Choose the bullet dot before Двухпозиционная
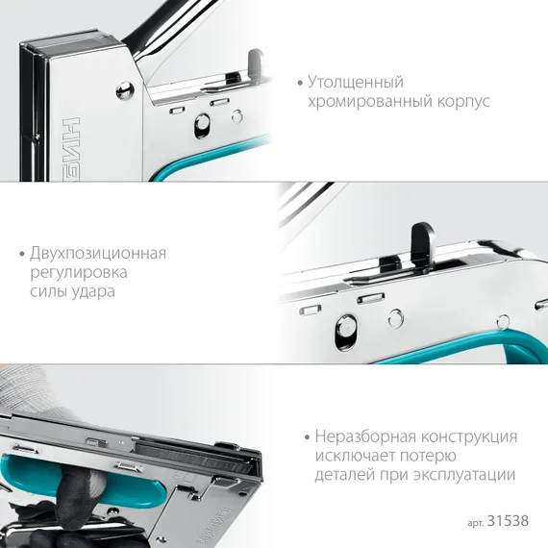click(x=21, y=255)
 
